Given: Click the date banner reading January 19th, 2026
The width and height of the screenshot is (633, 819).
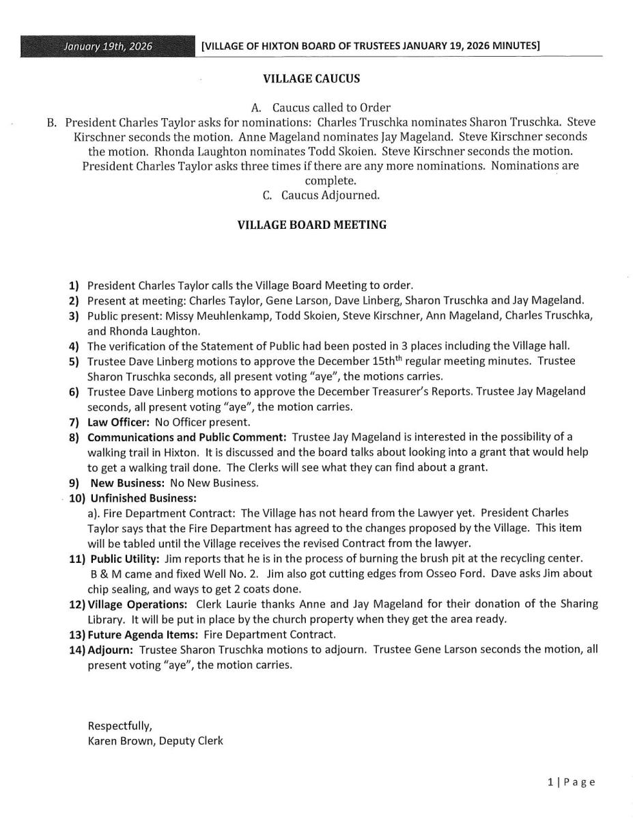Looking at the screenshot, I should click(x=107, y=46).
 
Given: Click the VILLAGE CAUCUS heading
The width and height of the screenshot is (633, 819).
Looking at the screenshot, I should click(x=311, y=79).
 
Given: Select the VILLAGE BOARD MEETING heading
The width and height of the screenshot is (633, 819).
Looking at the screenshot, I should click(x=311, y=224).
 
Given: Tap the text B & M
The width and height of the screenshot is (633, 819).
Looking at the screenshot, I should click(x=104, y=574).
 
